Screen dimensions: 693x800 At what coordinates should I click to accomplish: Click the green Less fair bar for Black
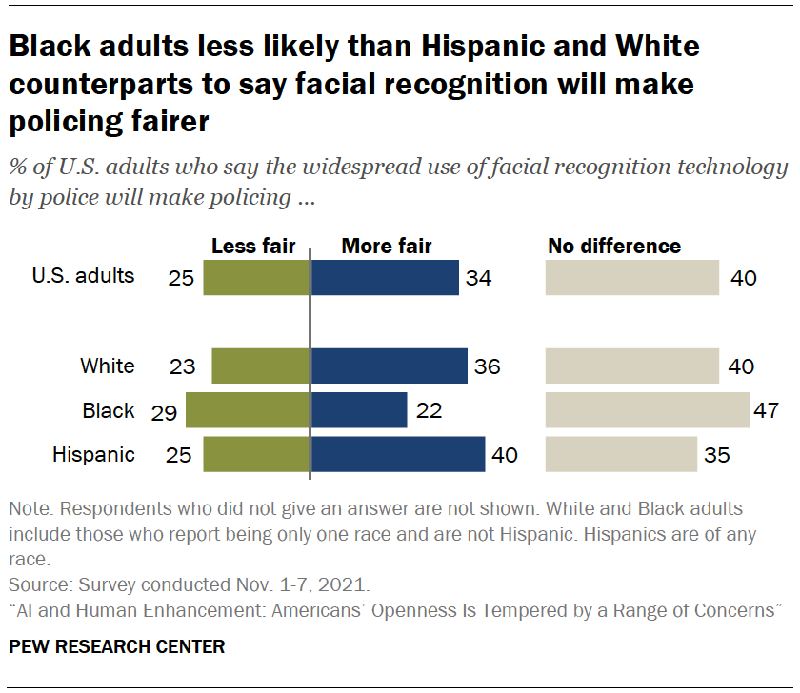pyautogui.click(x=248, y=410)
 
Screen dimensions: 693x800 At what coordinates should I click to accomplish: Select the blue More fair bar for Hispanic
pyautogui.click(x=398, y=455)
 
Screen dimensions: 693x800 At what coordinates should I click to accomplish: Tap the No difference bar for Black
pyautogui.click(x=647, y=410)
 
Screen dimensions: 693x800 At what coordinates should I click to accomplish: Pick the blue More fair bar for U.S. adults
pyautogui.click(x=385, y=277)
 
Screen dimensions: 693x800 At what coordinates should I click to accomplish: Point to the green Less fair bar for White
pyautogui.click(x=261, y=366)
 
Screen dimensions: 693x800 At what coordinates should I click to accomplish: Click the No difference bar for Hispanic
pyautogui.click(x=620, y=455)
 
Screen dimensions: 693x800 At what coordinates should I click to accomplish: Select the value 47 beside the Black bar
pyautogui.click(x=766, y=411)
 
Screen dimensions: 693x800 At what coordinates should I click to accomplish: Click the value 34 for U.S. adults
pyautogui.click(x=480, y=278)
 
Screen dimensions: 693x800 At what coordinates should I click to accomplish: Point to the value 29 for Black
pyautogui.click(x=166, y=411)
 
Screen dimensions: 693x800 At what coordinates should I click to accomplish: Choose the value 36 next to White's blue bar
pyautogui.click(x=487, y=366)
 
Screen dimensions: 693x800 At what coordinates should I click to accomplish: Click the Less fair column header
pyautogui.click(x=253, y=247)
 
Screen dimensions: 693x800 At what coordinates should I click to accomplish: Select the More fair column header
pyautogui.click(x=387, y=247)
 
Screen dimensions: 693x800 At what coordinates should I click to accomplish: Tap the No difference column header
pyautogui.click(x=614, y=247)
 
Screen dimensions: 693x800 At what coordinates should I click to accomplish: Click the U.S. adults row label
pyautogui.click(x=83, y=277)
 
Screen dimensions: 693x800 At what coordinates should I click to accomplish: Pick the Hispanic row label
pyautogui.click(x=93, y=455)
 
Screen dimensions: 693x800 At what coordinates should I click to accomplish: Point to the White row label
pyautogui.click(x=108, y=366)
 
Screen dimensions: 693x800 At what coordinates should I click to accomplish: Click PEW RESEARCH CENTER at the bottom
pyautogui.click(x=117, y=647)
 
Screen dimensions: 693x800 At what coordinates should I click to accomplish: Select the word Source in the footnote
pyautogui.click(x=34, y=582)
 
